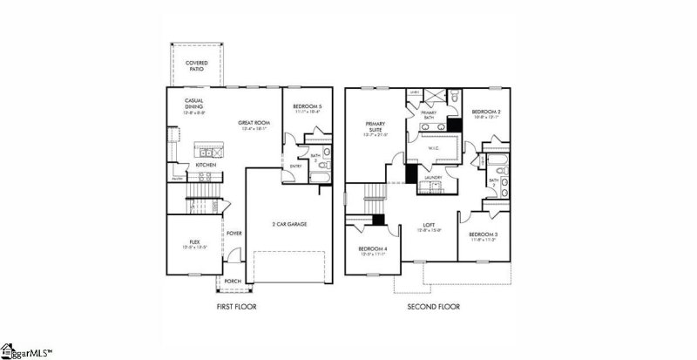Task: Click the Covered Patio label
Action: (x=197, y=65)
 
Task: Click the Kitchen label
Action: (x=206, y=164)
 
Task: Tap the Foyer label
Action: (x=233, y=234)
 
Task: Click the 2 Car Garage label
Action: (x=288, y=224)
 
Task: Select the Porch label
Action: (x=233, y=281)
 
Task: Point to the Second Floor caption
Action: (x=433, y=307)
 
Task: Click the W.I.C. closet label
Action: (x=434, y=147)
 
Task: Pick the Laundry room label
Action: (x=434, y=178)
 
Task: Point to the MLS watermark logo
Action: (x=26, y=352)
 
